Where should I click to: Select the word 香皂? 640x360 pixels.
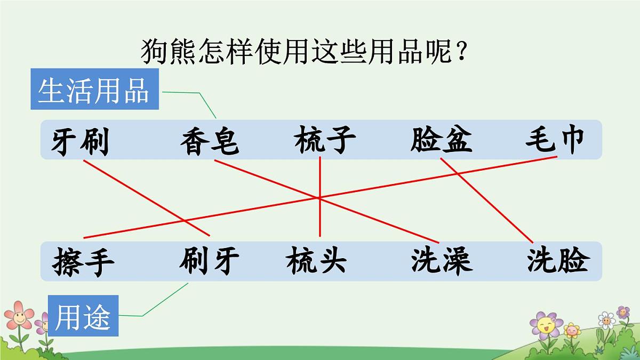(209, 142)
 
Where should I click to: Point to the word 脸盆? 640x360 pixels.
(441, 140)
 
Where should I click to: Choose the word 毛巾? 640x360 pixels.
(555, 140)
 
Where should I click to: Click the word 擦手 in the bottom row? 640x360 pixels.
(84, 262)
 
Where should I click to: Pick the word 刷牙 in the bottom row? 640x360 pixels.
(209, 261)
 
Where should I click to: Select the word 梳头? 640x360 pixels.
(316, 261)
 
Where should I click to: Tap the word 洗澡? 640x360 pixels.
(441, 261)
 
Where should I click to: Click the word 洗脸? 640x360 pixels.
(558, 261)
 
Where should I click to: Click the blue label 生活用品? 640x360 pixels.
(94, 91)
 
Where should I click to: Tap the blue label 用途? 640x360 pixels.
(83, 318)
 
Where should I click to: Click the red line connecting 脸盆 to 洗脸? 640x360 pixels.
(485, 200)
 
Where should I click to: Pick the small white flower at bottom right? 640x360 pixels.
(606, 320)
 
